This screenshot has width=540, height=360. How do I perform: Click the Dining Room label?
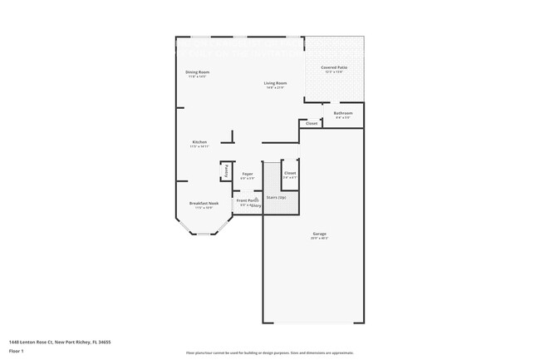(x=197, y=72)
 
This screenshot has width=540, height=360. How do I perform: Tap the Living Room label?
(x=276, y=82)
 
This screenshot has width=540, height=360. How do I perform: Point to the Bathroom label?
(x=343, y=113)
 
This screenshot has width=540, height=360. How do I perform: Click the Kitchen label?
(x=199, y=142)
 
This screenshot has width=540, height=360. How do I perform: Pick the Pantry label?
(x=226, y=170)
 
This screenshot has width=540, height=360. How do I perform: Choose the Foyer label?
(x=248, y=174)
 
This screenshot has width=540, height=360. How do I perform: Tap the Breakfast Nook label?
(x=204, y=203)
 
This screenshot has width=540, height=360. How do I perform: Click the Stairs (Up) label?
(x=276, y=197)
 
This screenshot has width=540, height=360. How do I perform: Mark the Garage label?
(x=319, y=234)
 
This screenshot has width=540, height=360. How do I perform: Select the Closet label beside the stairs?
(x=290, y=173)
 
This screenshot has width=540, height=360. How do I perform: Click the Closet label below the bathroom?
(x=312, y=124)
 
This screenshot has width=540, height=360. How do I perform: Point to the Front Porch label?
(x=247, y=200)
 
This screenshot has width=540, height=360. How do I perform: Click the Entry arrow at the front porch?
(x=258, y=205)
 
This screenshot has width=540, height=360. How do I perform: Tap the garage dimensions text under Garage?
(x=319, y=239)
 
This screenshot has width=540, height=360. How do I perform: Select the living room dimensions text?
(x=276, y=87)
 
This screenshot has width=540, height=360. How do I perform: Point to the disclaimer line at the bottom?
(x=270, y=353)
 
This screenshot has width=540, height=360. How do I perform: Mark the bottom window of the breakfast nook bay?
(x=204, y=234)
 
